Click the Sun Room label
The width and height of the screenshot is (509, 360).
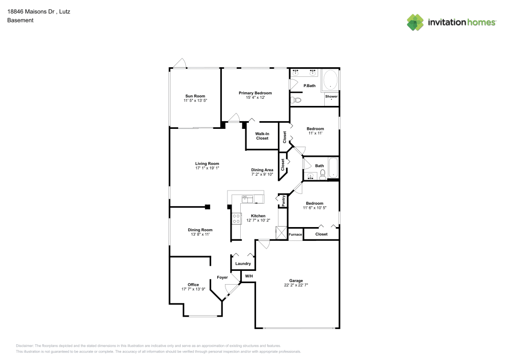point(195,96)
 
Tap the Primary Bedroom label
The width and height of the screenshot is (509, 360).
point(255,93)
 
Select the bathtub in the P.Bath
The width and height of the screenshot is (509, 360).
point(330,80)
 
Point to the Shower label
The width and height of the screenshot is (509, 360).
point(331,96)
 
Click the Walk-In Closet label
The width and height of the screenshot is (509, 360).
point(262,136)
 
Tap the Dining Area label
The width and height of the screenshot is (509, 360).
point(262,170)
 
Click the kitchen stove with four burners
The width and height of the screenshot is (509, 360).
point(237,218)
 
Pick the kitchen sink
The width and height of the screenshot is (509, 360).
point(247,199)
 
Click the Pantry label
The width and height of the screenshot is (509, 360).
point(283,201)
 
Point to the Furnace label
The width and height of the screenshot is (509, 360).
point(295,234)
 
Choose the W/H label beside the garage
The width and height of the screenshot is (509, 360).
point(248,276)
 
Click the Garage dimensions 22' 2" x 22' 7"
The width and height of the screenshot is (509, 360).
point(296,285)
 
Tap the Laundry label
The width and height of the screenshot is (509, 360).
point(243,263)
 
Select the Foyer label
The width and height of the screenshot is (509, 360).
point(222,278)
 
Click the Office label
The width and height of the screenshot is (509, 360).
point(193,285)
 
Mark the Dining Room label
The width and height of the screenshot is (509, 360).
point(200,230)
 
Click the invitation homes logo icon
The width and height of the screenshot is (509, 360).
point(415,22)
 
